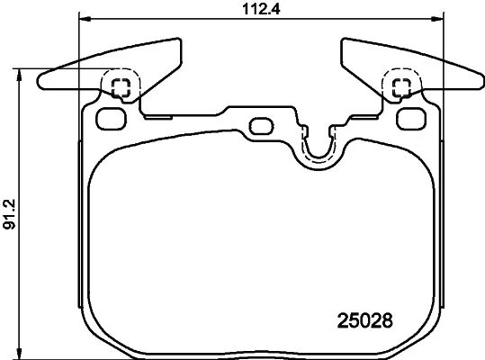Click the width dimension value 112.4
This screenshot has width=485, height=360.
click(x=261, y=9)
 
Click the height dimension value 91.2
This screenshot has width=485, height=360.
click(x=9, y=214)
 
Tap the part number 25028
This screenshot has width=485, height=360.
click(x=365, y=320)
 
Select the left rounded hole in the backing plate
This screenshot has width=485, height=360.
click(x=112, y=119)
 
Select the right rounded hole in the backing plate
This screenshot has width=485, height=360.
click(x=411, y=119)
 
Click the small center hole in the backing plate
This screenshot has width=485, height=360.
click(x=261, y=126)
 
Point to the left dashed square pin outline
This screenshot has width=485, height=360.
click(x=121, y=88)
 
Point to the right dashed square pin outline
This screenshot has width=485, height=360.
click(x=401, y=88)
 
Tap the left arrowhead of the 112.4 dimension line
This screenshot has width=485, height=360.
click(x=85, y=20)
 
